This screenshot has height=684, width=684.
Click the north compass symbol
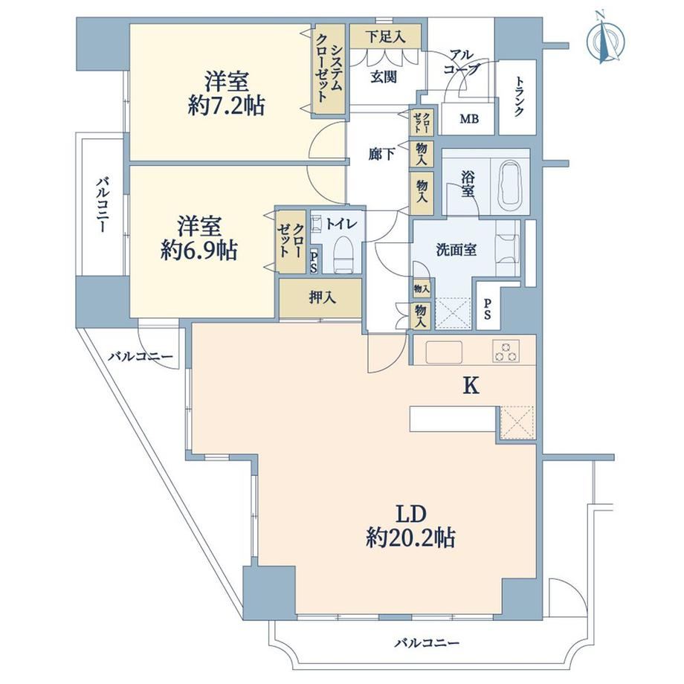(x=605, y=40)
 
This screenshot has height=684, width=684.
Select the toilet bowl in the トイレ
(x=343, y=254)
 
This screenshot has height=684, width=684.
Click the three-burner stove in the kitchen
(x=506, y=351)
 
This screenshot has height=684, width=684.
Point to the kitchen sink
(x=444, y=352)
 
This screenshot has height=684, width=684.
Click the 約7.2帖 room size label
(x=227, y=106)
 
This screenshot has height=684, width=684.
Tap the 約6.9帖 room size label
(x=199, y=251)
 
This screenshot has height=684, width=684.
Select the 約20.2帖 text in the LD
(x=411, y=538)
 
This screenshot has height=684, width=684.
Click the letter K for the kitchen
(x=471, y=386)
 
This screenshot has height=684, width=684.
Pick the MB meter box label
(x=469, y=119)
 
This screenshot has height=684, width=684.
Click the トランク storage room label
(x=519, y=97)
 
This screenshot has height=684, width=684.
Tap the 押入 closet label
(x=323, y=298)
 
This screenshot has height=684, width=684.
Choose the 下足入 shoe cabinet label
(x=386, y=37)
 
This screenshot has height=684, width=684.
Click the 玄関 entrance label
(x=384, y=77)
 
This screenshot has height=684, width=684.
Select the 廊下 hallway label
(x=381, y=154)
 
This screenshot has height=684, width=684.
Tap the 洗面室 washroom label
(x=456, y=250)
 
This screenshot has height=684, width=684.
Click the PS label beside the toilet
(x=314, y=262)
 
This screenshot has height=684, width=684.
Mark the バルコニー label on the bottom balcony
(x=427, y=642)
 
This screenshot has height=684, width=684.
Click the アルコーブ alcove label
(x=462, y=62)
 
